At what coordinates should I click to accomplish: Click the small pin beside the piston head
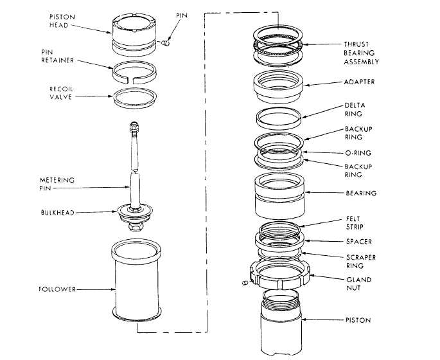(x=166, y=43)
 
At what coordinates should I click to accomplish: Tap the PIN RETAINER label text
(x=58, y=56)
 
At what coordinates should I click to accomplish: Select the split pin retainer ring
(x=134, y=79)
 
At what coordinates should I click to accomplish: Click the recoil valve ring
(x=135, y=104)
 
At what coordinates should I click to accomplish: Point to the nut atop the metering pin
(x=134, y=127)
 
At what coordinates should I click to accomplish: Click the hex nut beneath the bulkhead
(x=136, y=226)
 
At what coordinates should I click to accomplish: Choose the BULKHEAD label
(x=58, y=213)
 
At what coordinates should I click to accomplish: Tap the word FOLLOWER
(x=57, y=289)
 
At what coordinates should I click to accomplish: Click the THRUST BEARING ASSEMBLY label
(x=362, y=53)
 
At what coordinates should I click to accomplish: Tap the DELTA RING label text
(x=355, y=109)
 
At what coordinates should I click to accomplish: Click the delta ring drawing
(x=279, y=123)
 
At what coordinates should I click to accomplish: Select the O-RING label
(x=358, y=153)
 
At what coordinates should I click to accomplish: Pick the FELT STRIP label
(x=355, y=222)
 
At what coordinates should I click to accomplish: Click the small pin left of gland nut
(x=245, y=283)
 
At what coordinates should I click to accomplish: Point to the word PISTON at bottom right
(x=358, y=320)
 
